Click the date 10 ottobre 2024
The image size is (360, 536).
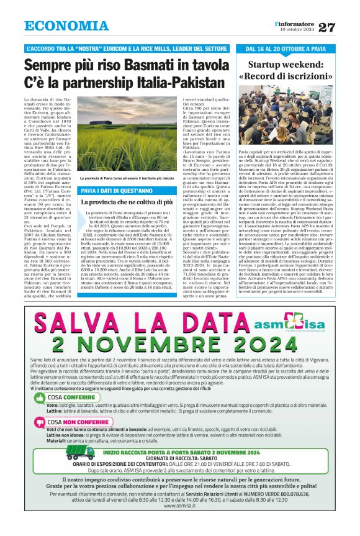click(x=297, y=29)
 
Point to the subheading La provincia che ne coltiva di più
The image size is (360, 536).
click(x=127, y=202)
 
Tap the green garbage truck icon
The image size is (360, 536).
click(x=63, y=456)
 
